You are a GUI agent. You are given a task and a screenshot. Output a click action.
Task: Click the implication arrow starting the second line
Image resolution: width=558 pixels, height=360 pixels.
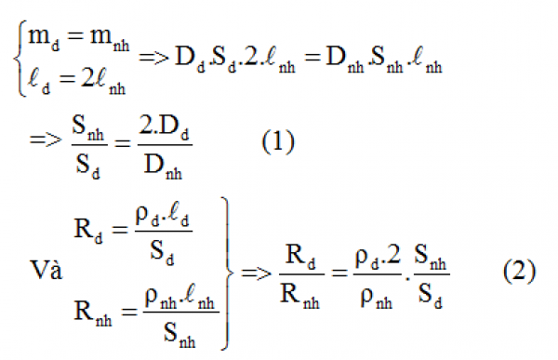click(x=43, y=141)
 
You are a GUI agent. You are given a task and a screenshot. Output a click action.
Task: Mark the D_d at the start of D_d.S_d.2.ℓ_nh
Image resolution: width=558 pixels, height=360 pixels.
click(x=186, y=59)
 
